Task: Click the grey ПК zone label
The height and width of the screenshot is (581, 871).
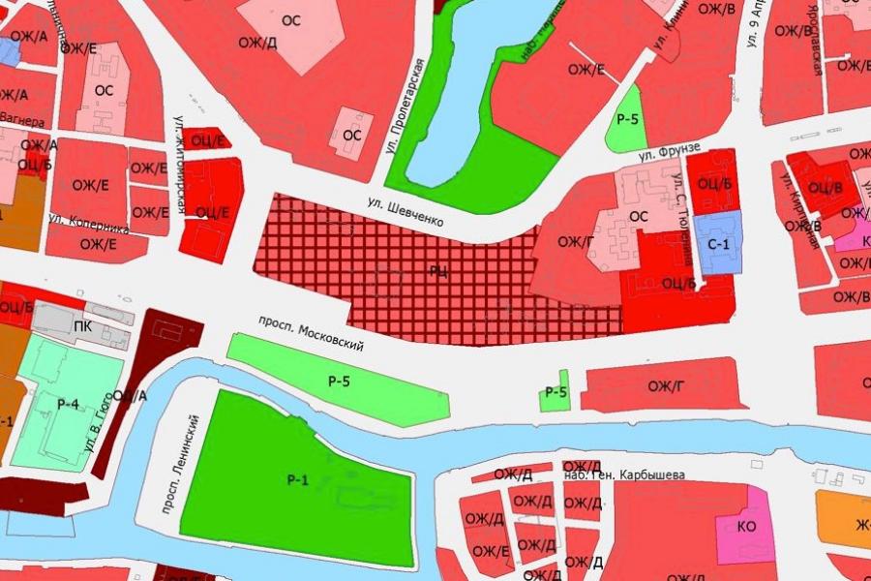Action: [x=82, y=326]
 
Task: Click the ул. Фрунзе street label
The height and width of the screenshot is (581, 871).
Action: [x=668, y=152]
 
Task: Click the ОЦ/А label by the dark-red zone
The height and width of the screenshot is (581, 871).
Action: [x=129, y=395]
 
